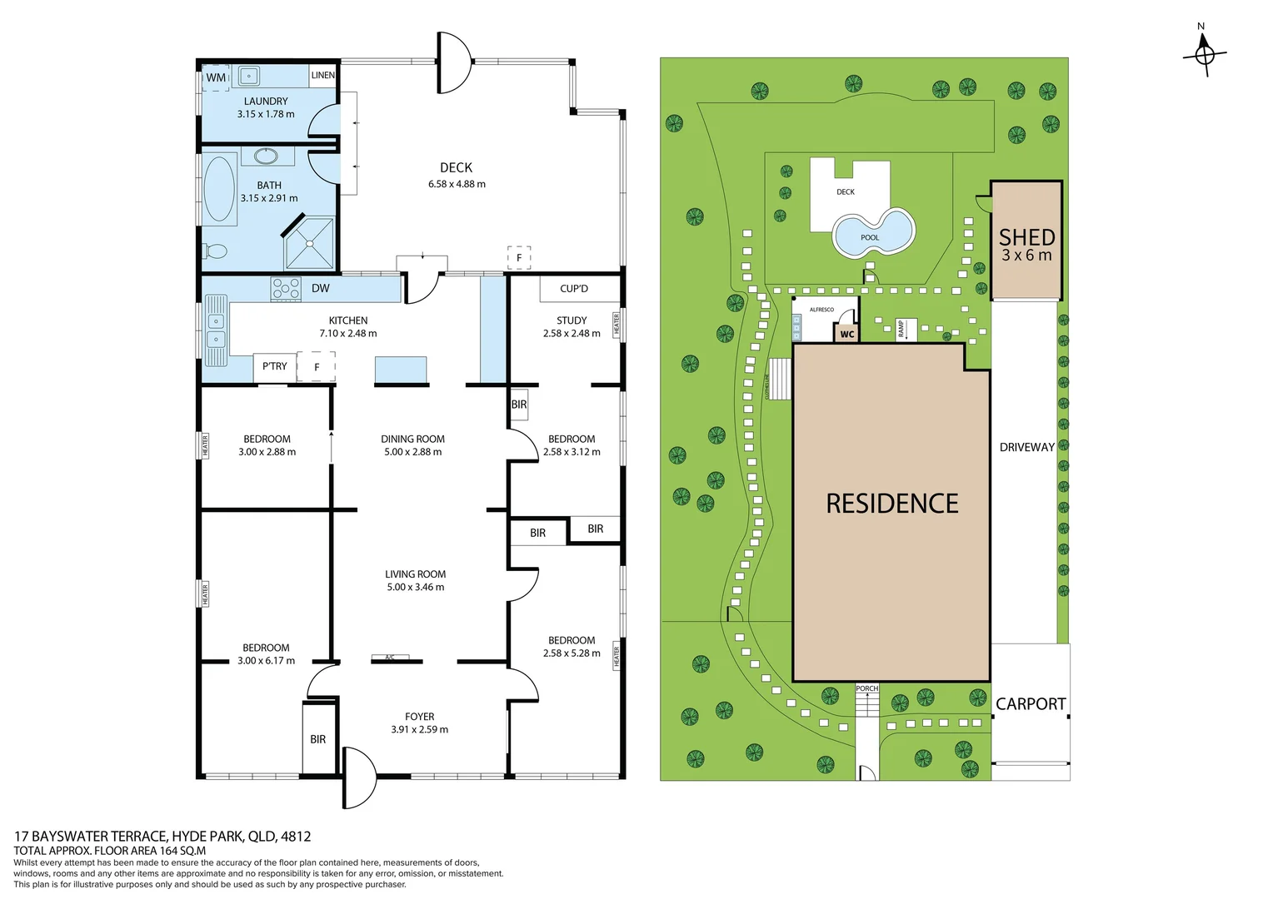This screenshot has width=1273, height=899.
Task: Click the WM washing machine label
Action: coord(216,77)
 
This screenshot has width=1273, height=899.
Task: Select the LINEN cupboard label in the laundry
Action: coord(322,75)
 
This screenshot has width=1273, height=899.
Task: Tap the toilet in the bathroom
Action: coord(215,251)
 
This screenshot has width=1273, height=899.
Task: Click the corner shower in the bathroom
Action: coord(309,243)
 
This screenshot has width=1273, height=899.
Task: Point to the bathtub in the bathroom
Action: coord(219,189)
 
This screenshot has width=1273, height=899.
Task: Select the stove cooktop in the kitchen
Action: coord(286,289)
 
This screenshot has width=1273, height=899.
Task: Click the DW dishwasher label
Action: coord(321,289)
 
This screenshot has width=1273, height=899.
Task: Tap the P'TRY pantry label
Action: coord(274,366)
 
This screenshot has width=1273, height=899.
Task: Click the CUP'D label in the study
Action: coord(573,289)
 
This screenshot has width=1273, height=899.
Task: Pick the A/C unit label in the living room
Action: coord(390,658)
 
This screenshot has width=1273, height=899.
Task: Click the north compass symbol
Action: coord(1204,55)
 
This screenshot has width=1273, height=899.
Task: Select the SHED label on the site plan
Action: coord(1026,238)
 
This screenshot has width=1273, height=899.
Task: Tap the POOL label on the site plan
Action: coord(870,238)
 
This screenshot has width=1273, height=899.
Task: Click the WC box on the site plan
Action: coord(846,334)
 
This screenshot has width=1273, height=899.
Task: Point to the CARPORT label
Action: coord(1031,704)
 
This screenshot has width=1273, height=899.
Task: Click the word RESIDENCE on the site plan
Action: coord(891,504)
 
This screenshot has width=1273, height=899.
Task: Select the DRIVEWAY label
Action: coord(1026,447)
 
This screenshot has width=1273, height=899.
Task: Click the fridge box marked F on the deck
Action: coord(519,257)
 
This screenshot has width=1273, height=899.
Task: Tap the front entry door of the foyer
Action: coord(359,777)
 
